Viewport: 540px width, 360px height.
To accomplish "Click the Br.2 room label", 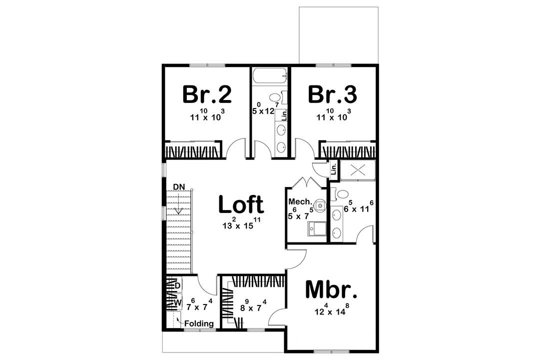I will (207, 93).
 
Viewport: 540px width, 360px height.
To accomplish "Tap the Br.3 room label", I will (333, 93).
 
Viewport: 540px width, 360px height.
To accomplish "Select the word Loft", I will (241, 205).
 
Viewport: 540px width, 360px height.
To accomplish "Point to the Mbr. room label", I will (332, 289).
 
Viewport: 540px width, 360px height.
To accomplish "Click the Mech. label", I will (300, 202).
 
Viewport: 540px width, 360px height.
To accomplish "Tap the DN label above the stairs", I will (179, 186).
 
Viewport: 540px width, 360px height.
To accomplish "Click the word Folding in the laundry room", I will (199, 323).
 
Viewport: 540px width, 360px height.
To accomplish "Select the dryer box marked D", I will (177, 285).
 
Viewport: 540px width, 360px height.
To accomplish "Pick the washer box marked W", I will (177, 302).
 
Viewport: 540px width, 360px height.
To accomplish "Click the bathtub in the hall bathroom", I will (270, 76).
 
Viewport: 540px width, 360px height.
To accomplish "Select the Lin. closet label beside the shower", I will (334, 171).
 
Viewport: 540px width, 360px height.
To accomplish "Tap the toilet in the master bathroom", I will (341, 194).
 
